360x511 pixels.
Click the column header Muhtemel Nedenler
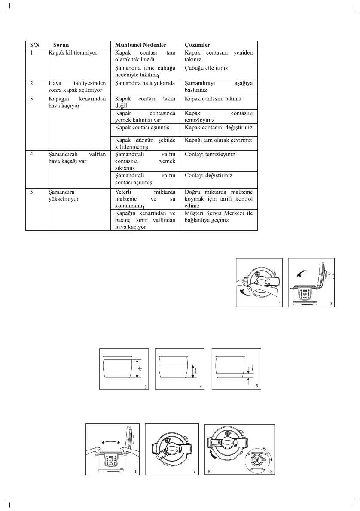[x=141, y=45]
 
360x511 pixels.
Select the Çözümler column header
[x=197, y=45]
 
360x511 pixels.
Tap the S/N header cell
[x=34, y=45]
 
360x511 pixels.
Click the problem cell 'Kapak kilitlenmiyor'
[x=73, y=53]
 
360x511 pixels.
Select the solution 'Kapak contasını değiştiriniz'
[x=218, y=128]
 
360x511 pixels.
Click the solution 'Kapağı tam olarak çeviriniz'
[x=218, y=140]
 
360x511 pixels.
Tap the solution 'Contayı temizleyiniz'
[x=210, y=154]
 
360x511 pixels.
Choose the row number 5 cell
[x=32, y=192]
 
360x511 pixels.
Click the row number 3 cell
[x=32, y=99]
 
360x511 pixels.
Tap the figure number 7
[x=194, y=471]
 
